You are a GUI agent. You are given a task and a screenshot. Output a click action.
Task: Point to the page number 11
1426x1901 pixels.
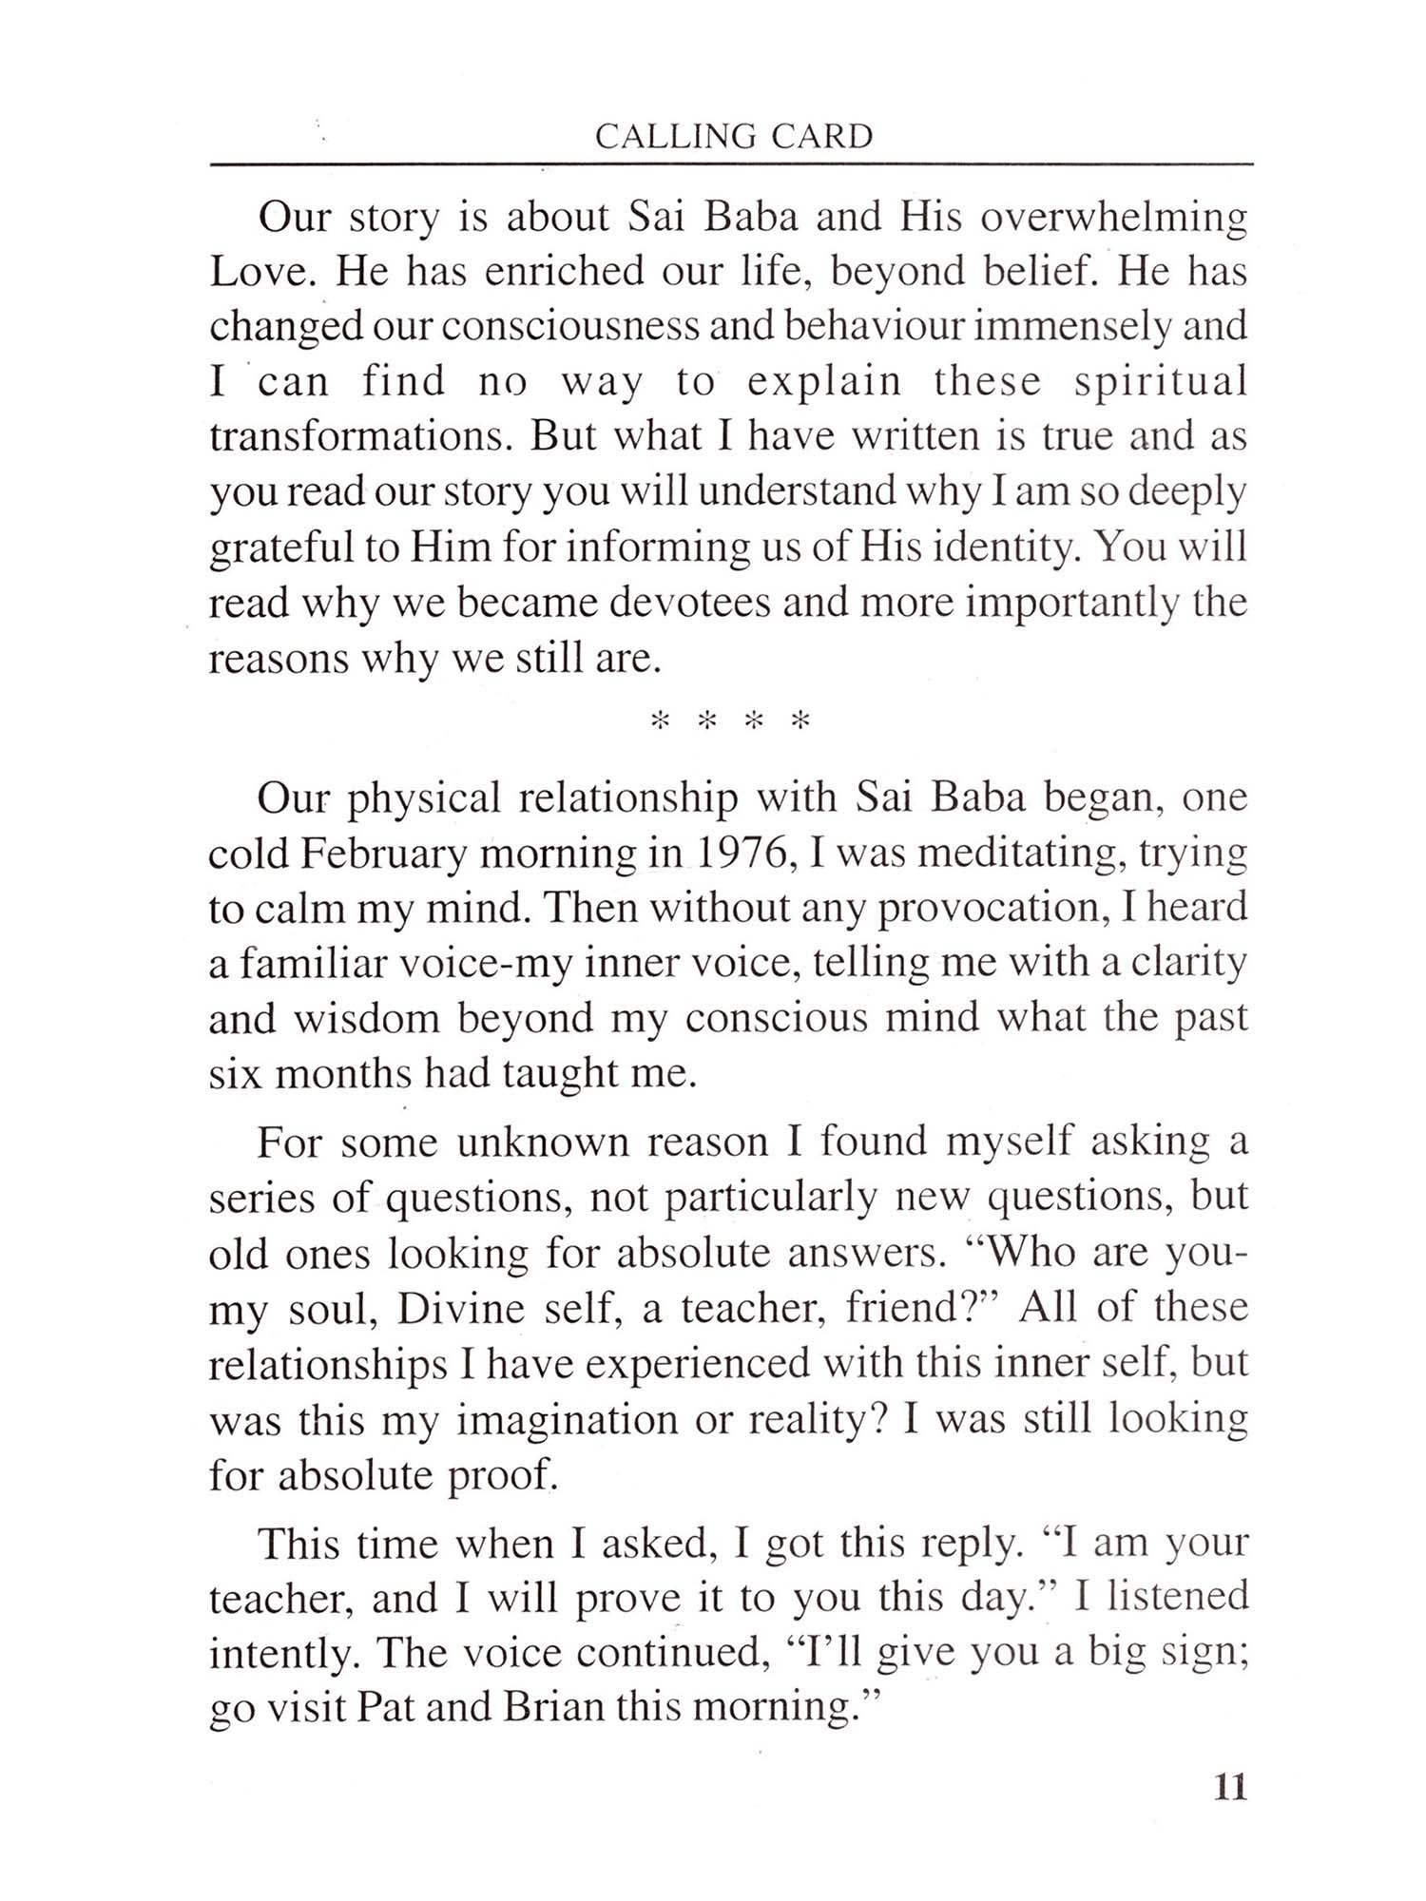(1229, 1788)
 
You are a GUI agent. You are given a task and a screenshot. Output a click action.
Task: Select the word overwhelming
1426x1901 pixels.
(1113, 218)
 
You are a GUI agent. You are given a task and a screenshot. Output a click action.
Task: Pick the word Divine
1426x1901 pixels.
(456, 1309)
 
